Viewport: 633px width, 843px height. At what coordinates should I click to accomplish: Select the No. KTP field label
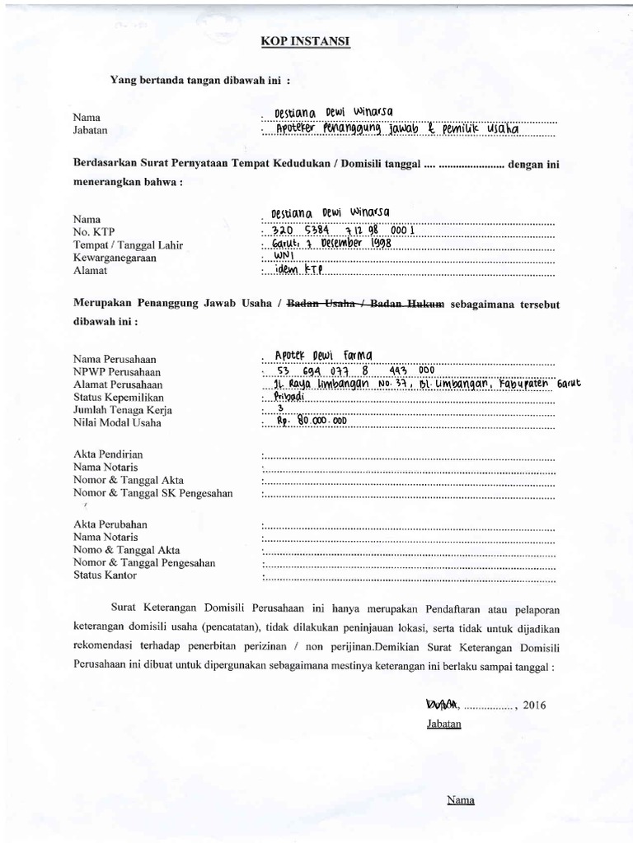94,232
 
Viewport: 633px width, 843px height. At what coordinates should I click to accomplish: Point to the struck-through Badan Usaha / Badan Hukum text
364,304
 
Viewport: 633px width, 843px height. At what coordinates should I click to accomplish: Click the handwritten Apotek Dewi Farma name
323,355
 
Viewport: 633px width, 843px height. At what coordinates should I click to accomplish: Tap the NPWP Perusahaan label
120,372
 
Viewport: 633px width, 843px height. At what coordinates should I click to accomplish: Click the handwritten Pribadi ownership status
288,396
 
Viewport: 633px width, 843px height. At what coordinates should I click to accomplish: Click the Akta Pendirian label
108,453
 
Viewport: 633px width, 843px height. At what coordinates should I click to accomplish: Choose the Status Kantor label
105,575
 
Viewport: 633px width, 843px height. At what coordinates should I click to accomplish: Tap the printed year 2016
533,706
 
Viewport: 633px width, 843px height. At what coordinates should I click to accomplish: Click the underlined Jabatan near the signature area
443,724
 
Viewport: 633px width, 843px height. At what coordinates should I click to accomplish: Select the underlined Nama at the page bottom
460,799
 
